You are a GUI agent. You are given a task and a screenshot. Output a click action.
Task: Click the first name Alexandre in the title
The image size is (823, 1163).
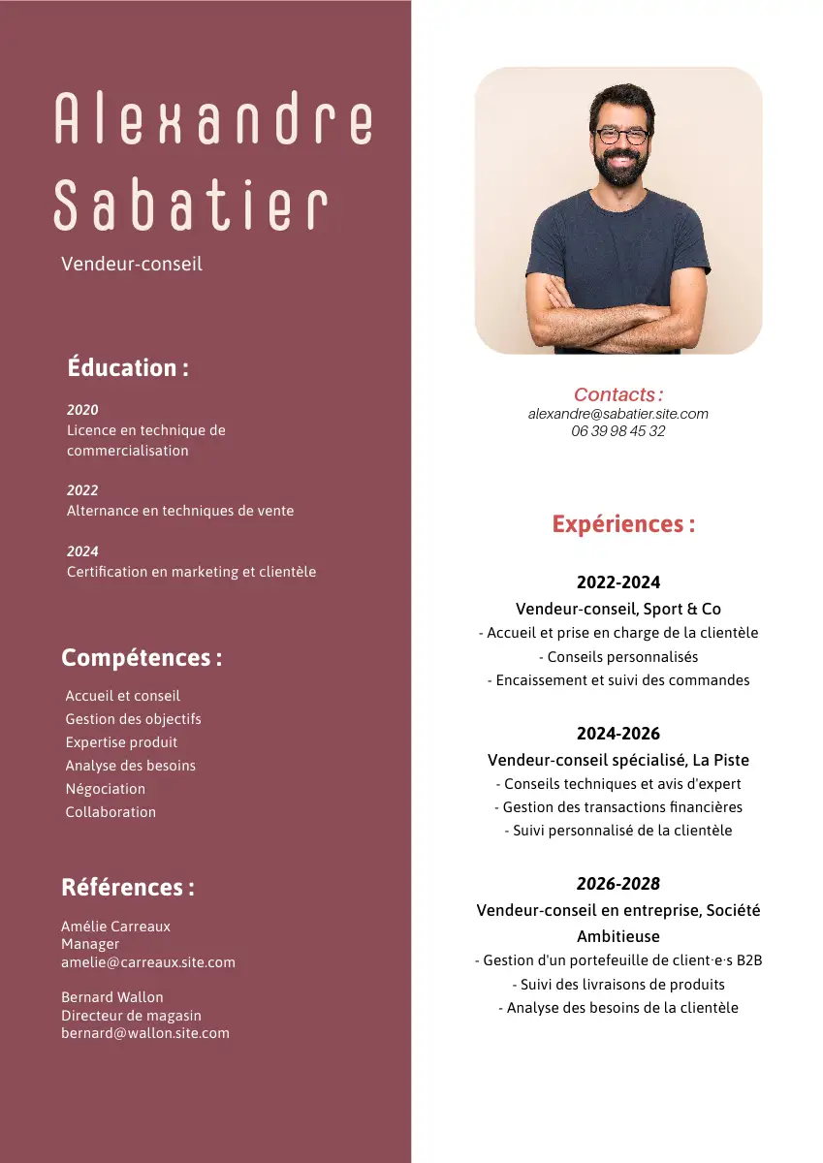tap(213, 119)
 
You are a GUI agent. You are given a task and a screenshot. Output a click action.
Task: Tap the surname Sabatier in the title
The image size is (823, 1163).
tap(191, 205)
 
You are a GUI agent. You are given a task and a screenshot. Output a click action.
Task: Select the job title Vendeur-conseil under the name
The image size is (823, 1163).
tap(132, 264)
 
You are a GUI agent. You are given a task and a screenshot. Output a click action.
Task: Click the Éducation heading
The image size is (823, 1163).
tap(128, 368)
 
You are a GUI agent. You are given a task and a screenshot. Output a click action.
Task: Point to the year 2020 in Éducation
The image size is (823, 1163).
tap(82, 410)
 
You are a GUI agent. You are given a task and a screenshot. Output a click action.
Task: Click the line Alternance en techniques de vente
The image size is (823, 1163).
tap(180, 511)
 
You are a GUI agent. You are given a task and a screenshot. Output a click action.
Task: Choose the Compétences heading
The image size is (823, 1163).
tap(142, 658)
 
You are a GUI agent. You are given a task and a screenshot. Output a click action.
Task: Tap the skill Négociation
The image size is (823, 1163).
tap(106, 789)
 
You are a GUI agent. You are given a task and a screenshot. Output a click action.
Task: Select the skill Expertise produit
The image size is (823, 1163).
tap(121, 742)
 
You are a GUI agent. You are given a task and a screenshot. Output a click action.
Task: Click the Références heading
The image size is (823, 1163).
tap(128, 888)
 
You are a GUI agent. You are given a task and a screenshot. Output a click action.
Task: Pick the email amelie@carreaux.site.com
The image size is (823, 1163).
tap(148, 962)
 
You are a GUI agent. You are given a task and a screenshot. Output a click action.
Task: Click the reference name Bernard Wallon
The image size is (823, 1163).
tap(112, 997)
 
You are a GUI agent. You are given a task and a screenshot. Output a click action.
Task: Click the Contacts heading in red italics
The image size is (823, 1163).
tap(618, 394)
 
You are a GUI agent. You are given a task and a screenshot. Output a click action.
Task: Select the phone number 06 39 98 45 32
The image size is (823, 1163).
tap(618, 431)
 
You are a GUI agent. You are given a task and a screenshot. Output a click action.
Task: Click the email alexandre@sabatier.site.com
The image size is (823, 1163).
tap(618, 414)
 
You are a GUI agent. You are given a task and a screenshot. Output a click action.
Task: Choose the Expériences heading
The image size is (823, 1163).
tap(623, 524)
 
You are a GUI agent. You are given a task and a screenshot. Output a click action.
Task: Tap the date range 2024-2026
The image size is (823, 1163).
tap(618, 734)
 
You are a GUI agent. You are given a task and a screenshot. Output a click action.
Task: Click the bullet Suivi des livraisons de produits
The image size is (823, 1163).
tap(618, 985)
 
